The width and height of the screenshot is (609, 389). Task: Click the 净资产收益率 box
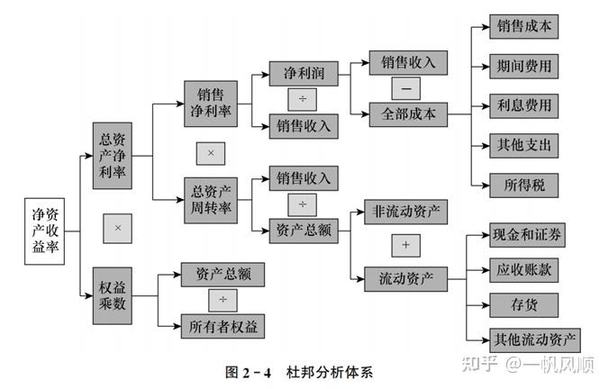coord(45,231)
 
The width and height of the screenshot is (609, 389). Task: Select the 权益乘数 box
coord(113,296)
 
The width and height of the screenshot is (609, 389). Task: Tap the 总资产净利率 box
coord(113,156)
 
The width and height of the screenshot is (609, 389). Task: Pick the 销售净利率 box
coord(211,104)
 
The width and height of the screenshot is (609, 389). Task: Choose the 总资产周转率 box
coord(211,200)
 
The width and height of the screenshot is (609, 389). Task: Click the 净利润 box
coord(304,73)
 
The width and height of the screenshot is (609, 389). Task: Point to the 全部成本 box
coord(408,114)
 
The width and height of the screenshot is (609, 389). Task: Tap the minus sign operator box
coord(406,88)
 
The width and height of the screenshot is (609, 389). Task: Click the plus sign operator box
coord(406,245)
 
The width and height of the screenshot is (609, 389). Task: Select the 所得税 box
coord(524,185)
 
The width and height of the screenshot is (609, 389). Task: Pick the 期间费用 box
coord(524,67)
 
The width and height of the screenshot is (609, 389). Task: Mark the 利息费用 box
coord(524,106)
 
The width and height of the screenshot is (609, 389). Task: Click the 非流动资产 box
coord(406,212)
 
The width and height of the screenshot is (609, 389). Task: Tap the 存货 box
coord(524,305)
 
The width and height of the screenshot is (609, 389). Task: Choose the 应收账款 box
coord(524,270)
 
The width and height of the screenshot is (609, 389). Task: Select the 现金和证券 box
coord(527,235)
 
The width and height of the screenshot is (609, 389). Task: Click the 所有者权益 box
coord(223,327)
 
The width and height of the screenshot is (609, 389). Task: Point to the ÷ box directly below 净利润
coord(302,99)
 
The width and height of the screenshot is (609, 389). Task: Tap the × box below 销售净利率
coord(211,153)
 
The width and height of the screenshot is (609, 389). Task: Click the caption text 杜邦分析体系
coord(330,372)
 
